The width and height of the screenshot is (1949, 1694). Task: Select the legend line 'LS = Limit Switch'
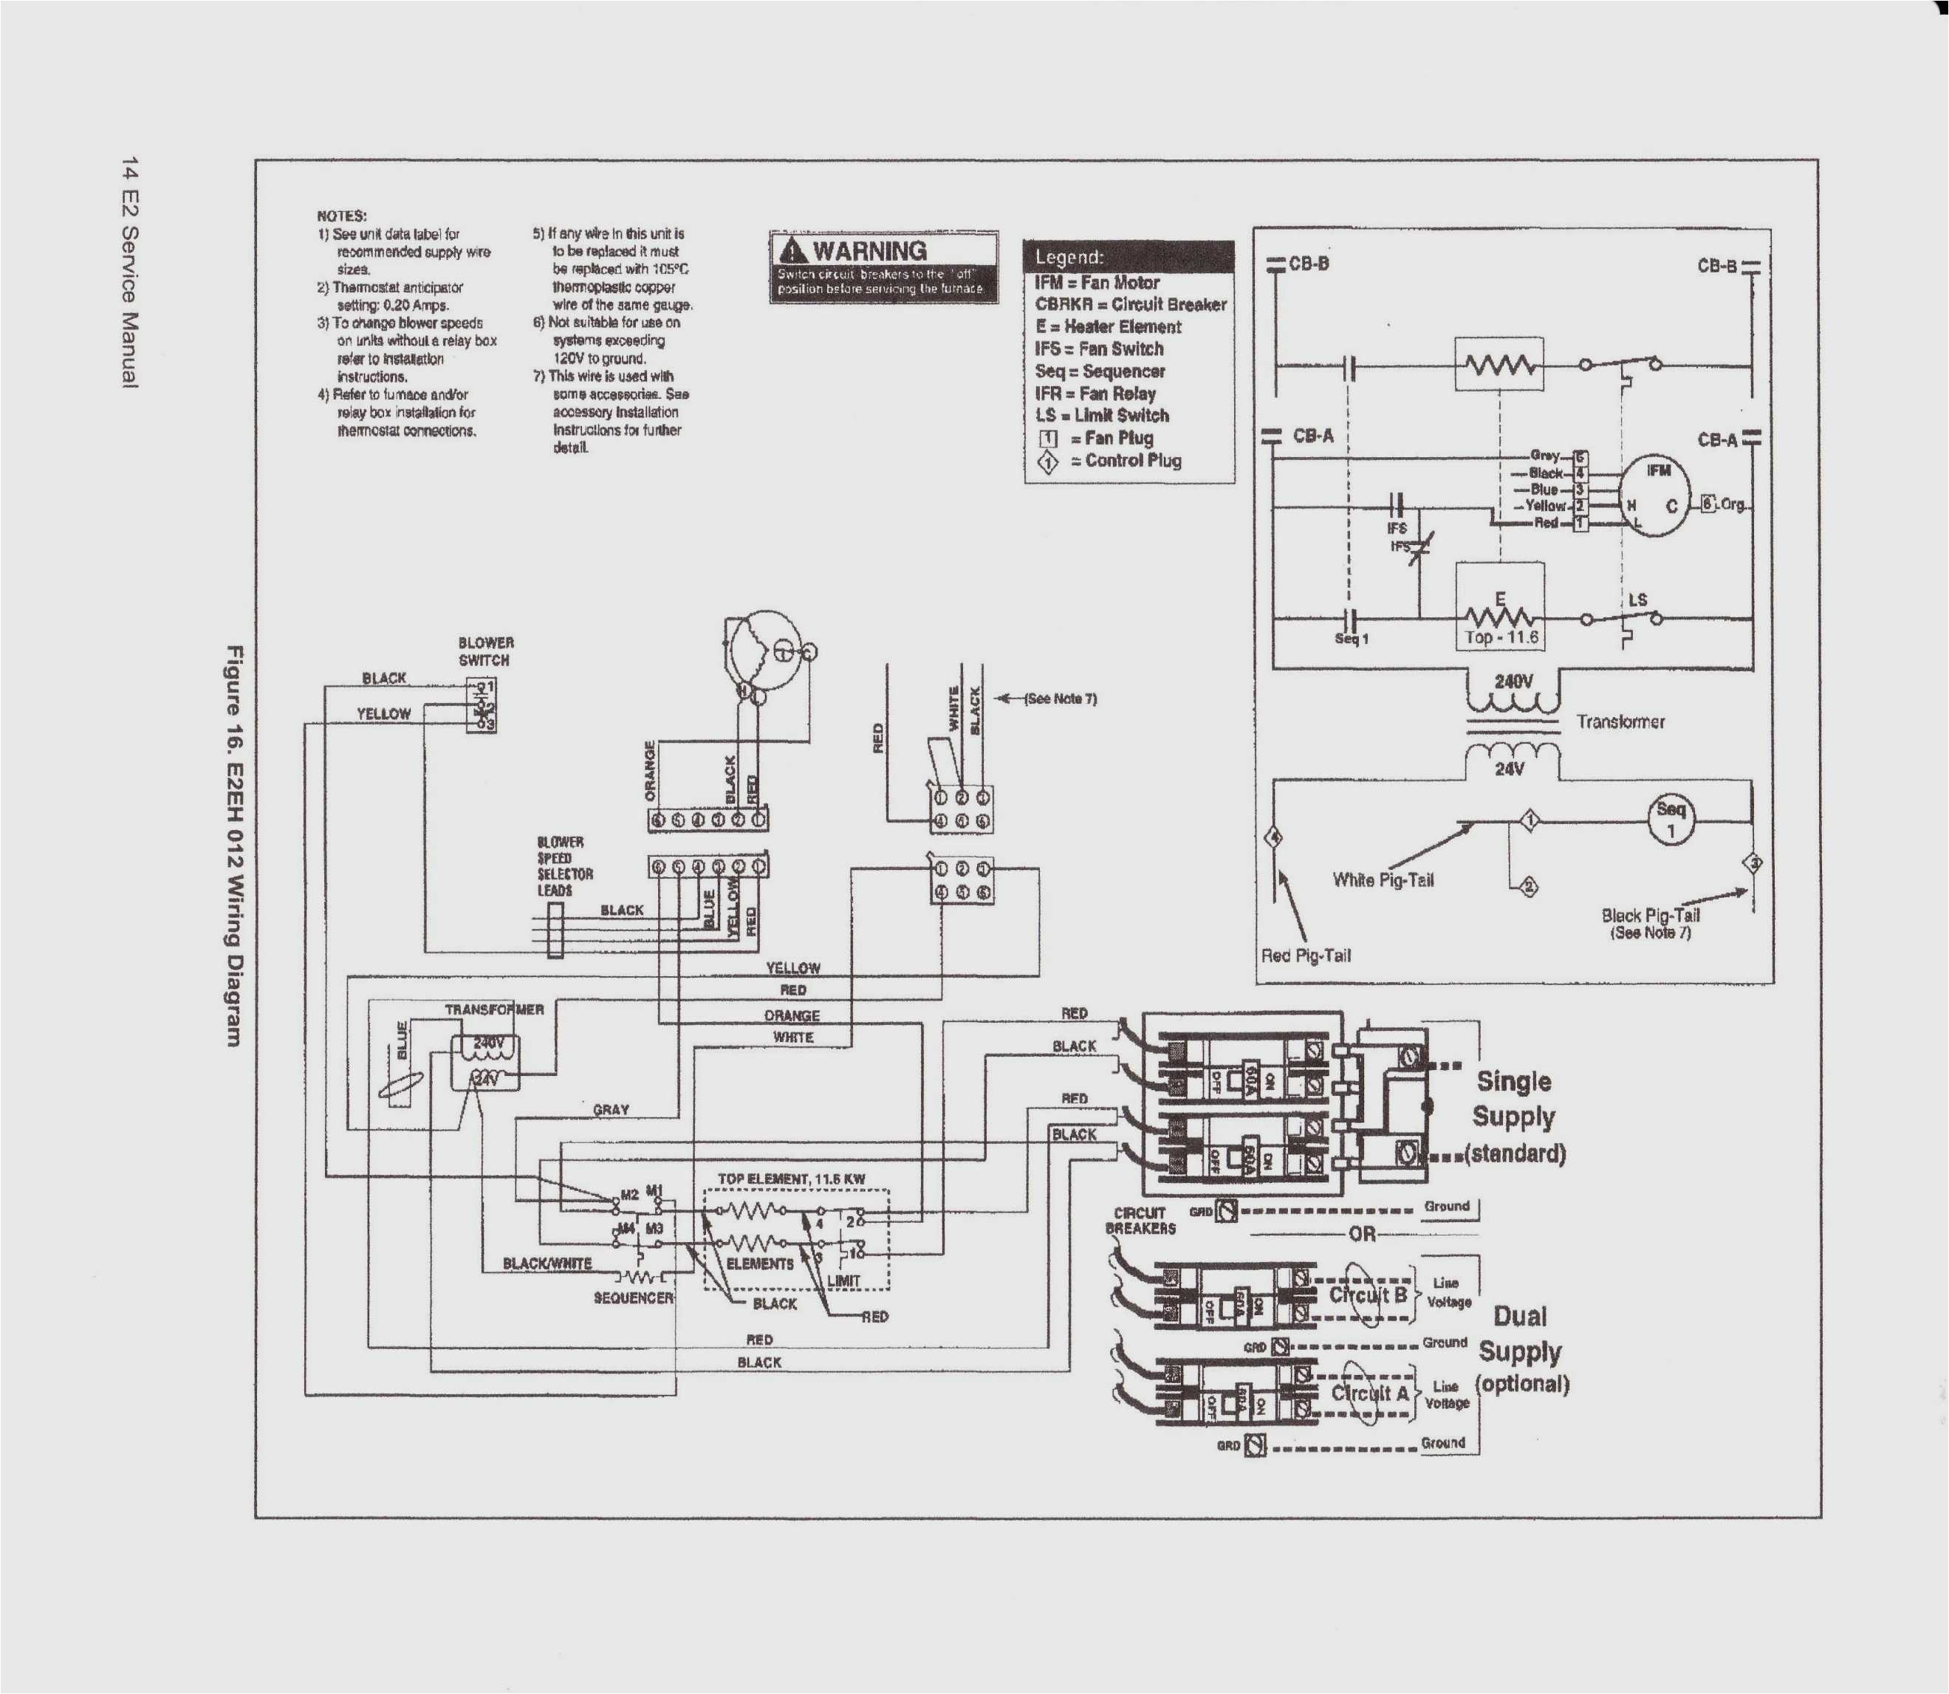1101,415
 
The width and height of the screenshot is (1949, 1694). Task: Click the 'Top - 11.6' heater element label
1501,637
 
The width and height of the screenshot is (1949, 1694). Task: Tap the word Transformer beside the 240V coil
1620,721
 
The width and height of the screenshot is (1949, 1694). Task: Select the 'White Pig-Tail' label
1382,880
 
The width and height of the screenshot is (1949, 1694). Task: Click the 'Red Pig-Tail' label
1305,956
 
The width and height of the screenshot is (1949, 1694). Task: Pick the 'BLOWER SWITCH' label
486,651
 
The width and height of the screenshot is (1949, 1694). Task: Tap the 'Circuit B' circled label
1367,1294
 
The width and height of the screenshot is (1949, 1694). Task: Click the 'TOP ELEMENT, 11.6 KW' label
790,1179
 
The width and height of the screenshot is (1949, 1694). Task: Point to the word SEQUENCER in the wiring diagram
632,1298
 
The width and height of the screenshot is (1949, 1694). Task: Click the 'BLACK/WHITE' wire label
547,1263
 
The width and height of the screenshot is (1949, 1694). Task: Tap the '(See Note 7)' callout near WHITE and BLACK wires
1058,699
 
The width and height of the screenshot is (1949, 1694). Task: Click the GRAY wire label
611,1109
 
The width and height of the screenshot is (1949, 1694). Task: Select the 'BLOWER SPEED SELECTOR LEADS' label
564,866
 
